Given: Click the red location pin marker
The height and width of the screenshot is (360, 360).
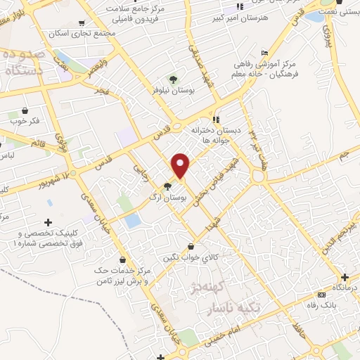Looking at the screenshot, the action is coord(181,165).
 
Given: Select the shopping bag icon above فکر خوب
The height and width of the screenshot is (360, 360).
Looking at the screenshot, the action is coord(25,110).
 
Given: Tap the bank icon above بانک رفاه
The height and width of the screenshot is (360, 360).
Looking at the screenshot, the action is coord(322,294).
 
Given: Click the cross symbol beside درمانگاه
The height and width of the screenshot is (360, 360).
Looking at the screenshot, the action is coord(345,276).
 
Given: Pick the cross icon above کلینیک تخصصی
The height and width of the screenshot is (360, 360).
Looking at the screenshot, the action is coord(48,222).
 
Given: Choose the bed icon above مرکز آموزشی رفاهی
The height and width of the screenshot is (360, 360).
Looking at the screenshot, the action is coord(264,53).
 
